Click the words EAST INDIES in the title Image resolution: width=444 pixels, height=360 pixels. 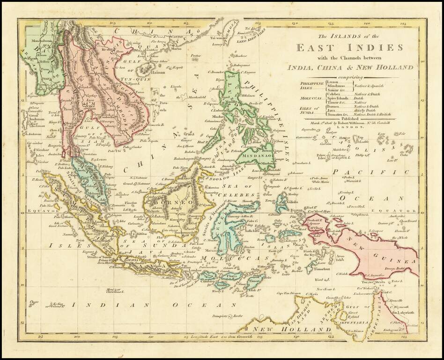(349, 48)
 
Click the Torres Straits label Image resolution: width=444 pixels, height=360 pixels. (373, 282)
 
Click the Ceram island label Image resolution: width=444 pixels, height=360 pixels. (291, 233)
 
